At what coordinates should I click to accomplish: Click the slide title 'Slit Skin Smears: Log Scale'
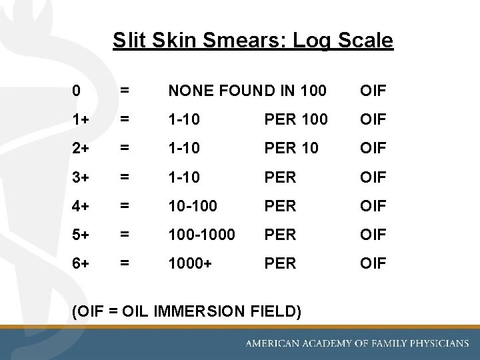tap(253, 41)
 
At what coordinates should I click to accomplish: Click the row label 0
tap(77, 90)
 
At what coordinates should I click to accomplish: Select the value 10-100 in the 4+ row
tap(192, 206)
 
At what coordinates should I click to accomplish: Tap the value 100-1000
tap(201, 235)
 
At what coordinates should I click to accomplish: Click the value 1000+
tap(191, 263)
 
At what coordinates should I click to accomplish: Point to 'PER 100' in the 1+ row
tap(296, 119)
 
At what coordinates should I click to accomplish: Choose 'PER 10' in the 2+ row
tap(291, 148)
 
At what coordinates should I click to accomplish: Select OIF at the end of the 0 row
tap(373, 90)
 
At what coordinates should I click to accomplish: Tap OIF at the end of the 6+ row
tap(373, 263)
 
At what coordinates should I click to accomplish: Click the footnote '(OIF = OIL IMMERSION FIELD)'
tap(185, 311)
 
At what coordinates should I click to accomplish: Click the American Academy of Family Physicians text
tap(357, 343)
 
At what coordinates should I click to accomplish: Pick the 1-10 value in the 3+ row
tap(183, 177)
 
